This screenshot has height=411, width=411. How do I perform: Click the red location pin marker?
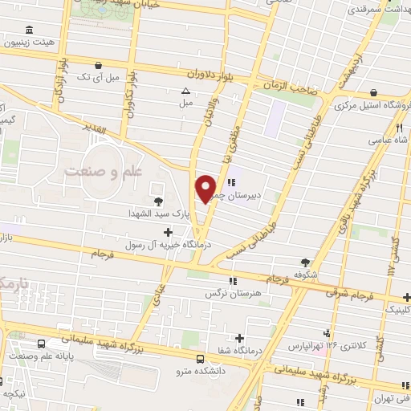tap(206, 188)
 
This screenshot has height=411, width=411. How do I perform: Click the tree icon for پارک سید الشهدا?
tap(157, 201)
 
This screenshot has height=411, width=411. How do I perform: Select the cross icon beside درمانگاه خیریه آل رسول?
tap(167, 232)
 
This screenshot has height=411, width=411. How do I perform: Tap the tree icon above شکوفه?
tap(305, 262)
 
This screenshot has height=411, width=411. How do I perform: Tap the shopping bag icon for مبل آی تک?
tap(98, 65)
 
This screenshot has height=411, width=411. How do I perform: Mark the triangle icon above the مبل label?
tap(186, 91)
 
